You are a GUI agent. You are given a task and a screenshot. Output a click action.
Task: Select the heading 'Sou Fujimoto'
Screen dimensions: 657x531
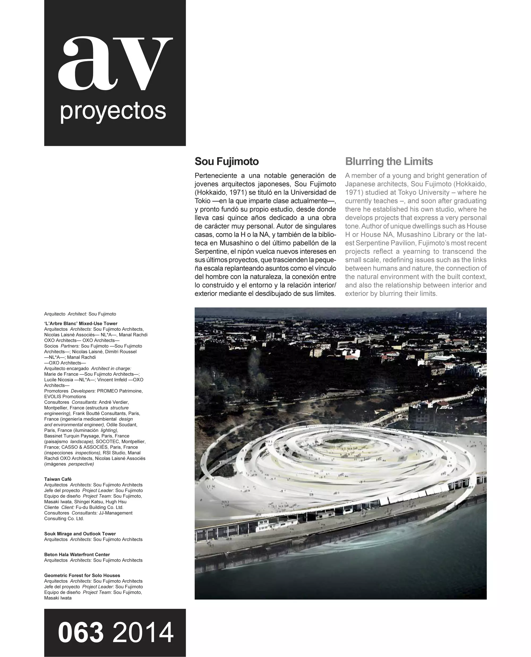(227, 161)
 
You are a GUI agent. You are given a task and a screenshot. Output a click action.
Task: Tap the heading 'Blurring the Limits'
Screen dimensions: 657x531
(389, 161)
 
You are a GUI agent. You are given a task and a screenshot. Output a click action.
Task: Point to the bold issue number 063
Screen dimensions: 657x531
(81, 633)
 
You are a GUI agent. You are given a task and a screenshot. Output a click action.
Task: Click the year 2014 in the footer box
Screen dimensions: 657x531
(143, 633)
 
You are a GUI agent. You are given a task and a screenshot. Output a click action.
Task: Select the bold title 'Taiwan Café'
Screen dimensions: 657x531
(58, 479)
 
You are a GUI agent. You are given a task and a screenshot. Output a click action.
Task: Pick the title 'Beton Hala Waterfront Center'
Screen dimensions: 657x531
(77, 554)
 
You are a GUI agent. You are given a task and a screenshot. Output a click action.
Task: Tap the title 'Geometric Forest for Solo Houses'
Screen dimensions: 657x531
(82, 575)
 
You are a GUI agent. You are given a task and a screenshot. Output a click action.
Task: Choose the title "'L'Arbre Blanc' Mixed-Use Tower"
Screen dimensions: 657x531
(81, 323)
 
